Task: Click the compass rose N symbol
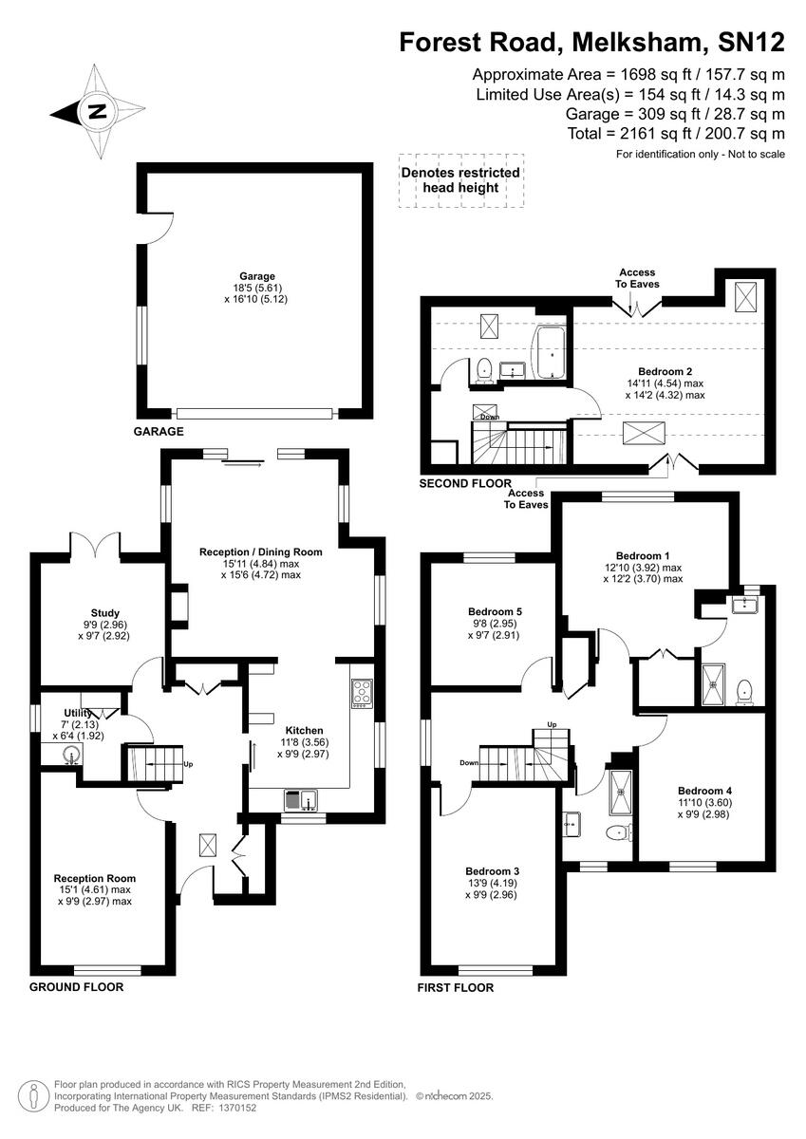point(96,111)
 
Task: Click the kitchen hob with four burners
point(362,693)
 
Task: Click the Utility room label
point(78,713)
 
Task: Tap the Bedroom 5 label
point(495,612)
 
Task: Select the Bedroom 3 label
point(492,870)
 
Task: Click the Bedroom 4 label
point(704,790)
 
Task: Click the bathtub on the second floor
point(550,354)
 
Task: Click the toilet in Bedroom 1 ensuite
point(745,689)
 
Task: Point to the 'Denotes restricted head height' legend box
point(460,180)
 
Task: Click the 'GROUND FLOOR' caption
point(76,986)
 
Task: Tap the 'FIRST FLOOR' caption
point(456,987)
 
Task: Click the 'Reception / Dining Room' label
point(260,551)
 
